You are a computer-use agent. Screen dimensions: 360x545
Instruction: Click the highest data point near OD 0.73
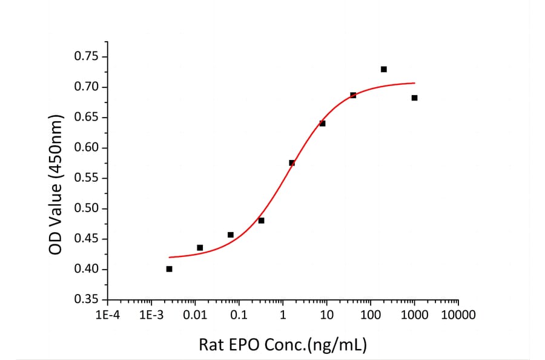[384, 69]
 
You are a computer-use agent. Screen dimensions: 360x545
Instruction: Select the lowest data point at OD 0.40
[169, 268]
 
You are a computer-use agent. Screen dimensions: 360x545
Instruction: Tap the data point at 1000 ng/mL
[414, 98]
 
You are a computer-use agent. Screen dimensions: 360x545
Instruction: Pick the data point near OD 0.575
[292, 162]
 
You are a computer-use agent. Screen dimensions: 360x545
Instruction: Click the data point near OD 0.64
[322, 123]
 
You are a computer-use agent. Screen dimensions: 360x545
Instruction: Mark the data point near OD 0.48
[261, 220]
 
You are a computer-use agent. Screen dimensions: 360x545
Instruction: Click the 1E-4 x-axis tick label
[107, 315]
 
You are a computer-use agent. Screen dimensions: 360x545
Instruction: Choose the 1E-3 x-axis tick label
[151, 315]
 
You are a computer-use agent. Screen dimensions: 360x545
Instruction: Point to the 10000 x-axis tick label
[458, 315]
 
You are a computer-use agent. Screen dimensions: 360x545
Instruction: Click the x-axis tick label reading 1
[283, 315]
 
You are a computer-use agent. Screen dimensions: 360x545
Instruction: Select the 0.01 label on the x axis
[195, 315]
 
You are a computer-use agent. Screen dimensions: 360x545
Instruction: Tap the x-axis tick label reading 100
[371, 315]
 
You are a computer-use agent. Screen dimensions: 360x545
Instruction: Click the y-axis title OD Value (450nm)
[56, 178]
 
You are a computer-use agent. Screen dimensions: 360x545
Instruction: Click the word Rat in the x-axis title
[211, 344]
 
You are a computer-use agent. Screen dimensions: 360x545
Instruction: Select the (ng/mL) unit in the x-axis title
[337, 344]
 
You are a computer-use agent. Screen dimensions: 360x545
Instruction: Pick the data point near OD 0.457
[230, 235]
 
